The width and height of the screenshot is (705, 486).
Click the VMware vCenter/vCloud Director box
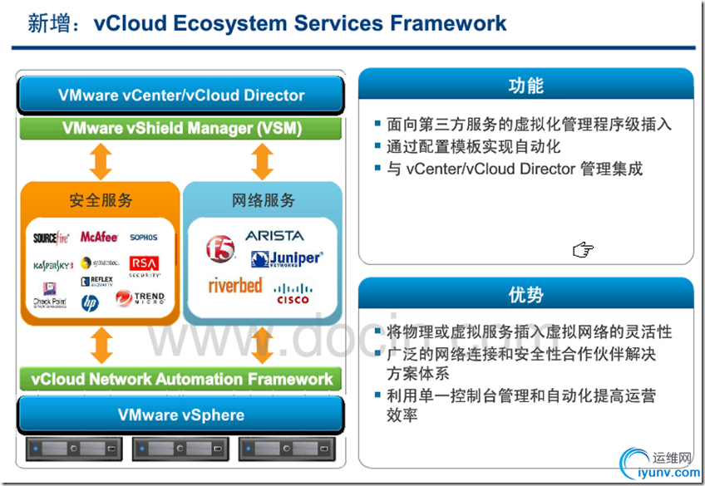181,95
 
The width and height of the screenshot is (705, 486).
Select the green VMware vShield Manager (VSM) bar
181,129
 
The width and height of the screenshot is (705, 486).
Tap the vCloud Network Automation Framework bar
181,379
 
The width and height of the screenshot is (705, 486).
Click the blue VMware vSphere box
181,415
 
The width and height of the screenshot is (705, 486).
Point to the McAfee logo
99,238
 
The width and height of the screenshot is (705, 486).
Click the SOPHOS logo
143,238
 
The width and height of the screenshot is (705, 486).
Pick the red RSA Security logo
143,264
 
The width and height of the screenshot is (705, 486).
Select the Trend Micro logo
141,297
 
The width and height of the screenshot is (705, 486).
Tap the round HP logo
90,302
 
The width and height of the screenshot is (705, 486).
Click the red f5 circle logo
221,248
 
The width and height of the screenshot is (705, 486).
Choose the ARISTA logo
274,236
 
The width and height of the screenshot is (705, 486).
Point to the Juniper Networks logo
285,259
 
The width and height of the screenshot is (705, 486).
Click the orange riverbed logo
235,286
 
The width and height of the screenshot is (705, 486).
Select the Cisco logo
293,293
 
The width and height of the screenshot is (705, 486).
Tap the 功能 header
525,86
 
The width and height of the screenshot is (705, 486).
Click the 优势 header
525,295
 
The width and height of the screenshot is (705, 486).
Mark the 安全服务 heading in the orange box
101,200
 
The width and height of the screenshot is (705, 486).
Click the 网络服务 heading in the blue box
263,200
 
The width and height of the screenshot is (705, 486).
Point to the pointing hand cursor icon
583,249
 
